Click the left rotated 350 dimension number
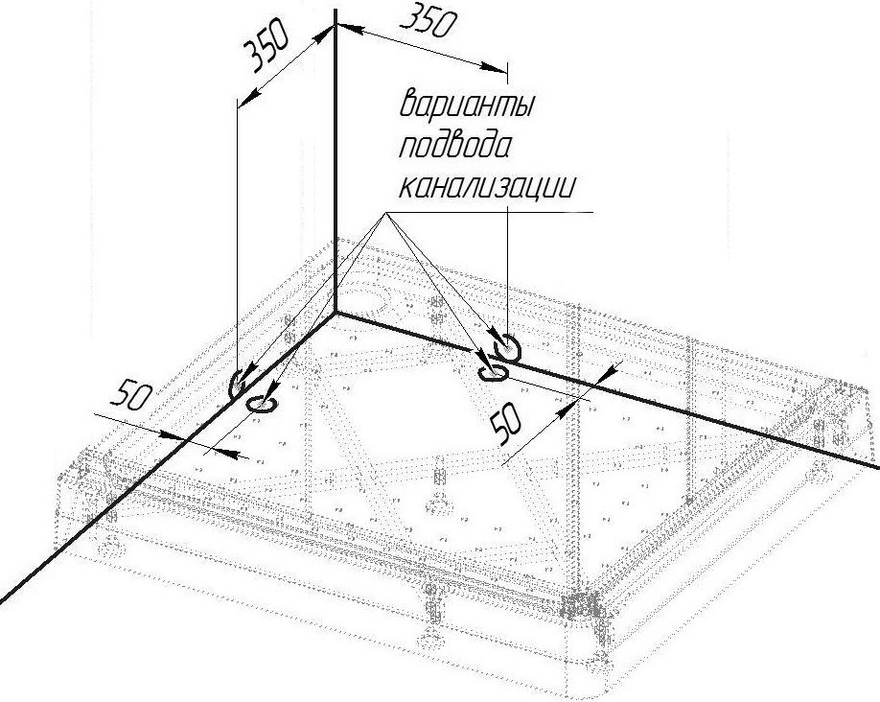[266, 47]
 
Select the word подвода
[455, 147]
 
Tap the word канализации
[487, 186]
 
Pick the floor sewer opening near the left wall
[262, 403]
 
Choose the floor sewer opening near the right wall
[493, 373]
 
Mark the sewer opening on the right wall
[508, 348]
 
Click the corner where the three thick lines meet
[336, 313]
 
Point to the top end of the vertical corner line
[336, 11]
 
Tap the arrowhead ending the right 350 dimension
[494, 67]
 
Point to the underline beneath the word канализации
[490, 212]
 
